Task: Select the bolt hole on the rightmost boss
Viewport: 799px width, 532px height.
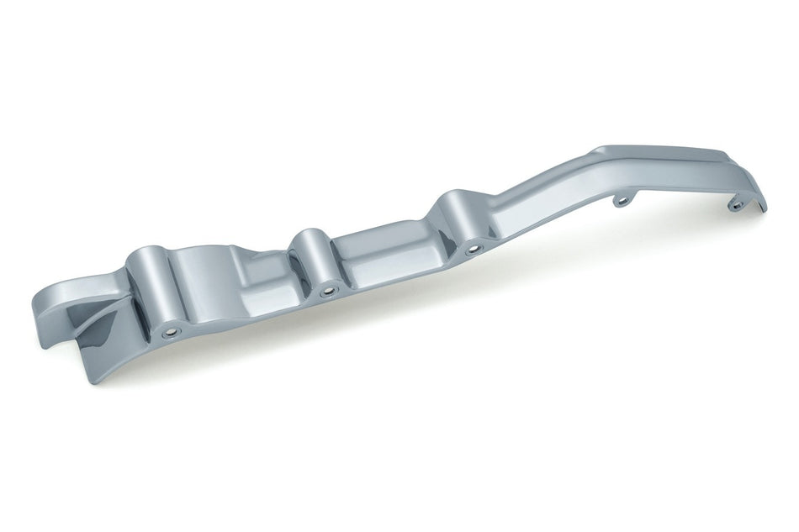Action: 473,249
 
